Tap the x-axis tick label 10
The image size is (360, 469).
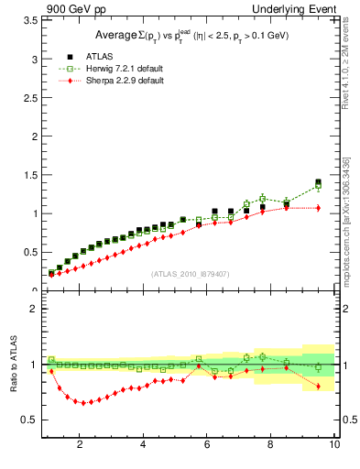pos(334,445)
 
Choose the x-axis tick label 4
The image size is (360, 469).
pos(143,445)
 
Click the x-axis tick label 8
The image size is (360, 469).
pos(270,445)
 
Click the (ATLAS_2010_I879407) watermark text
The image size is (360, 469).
pos(190,273)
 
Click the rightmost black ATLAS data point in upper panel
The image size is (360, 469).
pos(318,182)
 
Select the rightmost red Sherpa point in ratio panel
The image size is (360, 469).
pos(318,387)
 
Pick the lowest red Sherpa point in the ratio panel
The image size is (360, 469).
pos(83,403)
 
